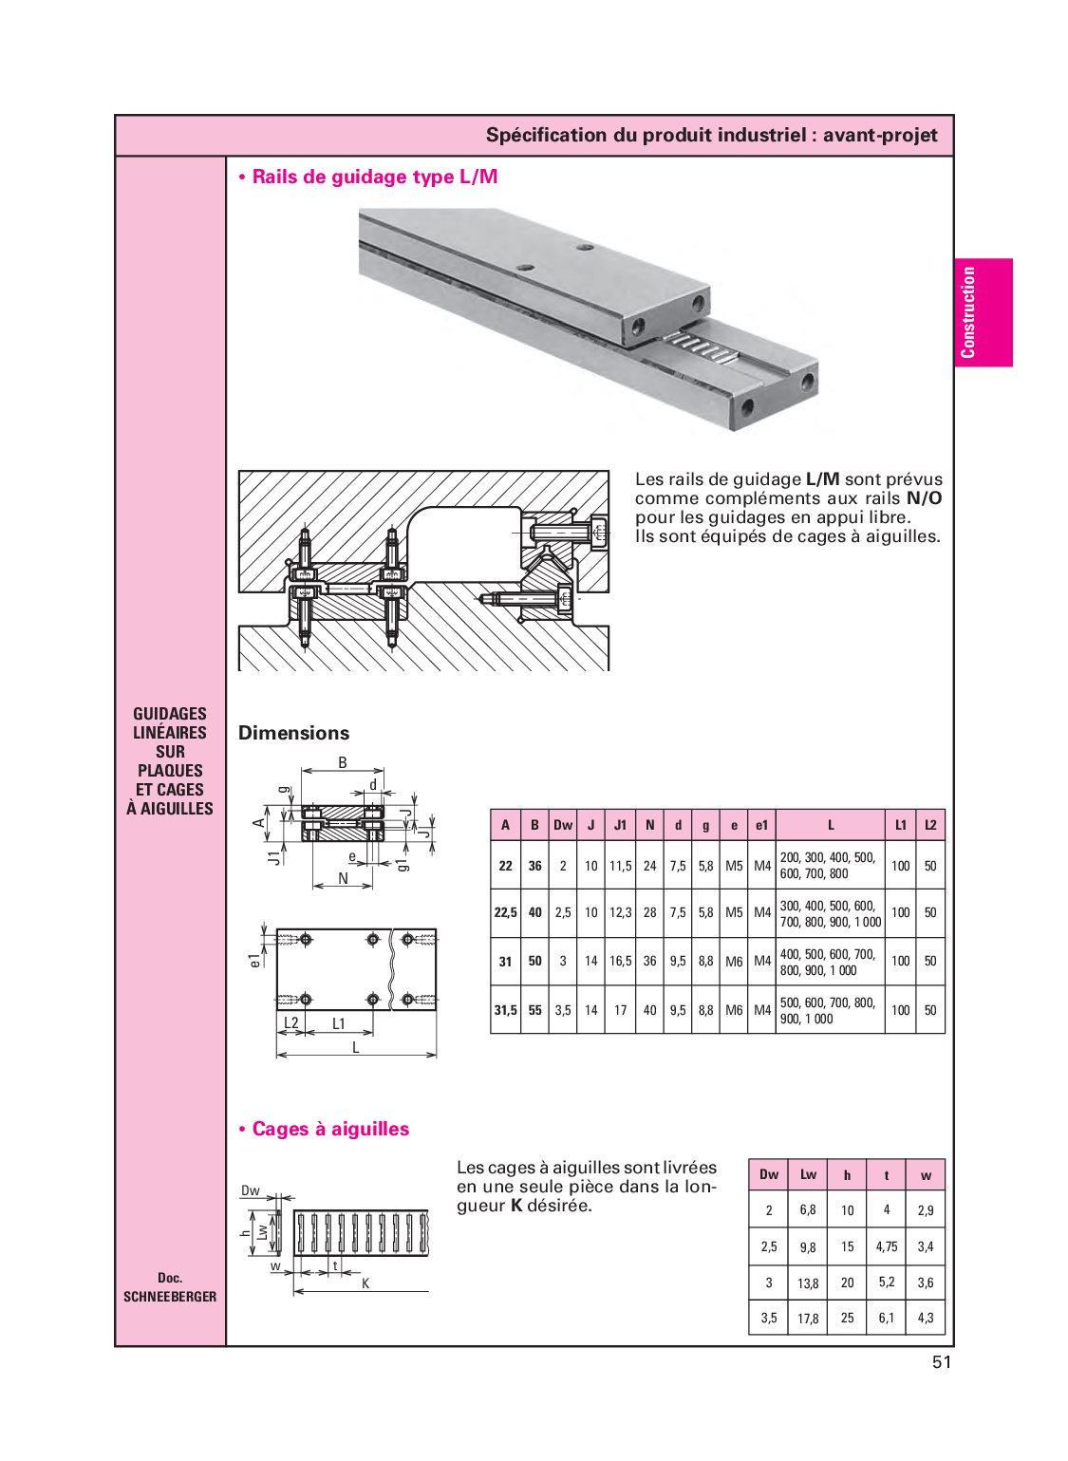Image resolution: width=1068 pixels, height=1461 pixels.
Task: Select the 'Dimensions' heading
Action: pyautogui.click(x=293, y=733)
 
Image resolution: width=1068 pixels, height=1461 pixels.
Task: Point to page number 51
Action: pyautogui.click(x=941, y=1362)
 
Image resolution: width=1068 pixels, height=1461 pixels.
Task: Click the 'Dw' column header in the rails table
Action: pyautogui.click(x=563, y=825)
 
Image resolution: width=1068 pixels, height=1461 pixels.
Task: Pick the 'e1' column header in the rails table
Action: pyautogui.click(x=761, y=825)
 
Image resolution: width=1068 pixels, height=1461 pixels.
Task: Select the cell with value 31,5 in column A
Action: pyautogui.click(x=505, y=1010)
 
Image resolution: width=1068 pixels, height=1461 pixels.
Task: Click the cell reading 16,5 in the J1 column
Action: pyautogui.click(x=620, y=961)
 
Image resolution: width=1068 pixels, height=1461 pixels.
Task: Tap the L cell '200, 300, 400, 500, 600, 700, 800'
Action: pyautogui.click(x=828, y=866)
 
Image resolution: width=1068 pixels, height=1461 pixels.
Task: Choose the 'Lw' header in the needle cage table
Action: pyautogui.click(x=808, y=1174)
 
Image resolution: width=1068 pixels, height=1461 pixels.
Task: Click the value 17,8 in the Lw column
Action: pyautogui.click(x=808, y=1319)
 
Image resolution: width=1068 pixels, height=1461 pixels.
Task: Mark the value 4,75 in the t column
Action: pyautogui.click(x=887, y=1246)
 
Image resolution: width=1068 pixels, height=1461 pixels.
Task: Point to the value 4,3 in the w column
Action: pyautogui.click(x=926, y=1319)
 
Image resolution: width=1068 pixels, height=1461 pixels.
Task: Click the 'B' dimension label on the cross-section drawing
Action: pyautogui.click(x=343, y=762)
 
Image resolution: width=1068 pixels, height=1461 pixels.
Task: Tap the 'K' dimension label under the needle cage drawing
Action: pyautogui.click(x=365, y=1283)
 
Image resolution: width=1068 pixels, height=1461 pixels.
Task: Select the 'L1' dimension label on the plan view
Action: pyautogui.click(x=339, y=1023)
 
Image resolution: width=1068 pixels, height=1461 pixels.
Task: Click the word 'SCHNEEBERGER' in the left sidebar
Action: pyautogui.click(x=170, y=1297)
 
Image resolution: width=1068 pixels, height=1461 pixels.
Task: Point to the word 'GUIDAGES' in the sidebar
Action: pyautogui.click(x=170, y=714)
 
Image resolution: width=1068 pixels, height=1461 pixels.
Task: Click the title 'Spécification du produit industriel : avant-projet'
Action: pyautogui.click(x=711, y=136)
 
